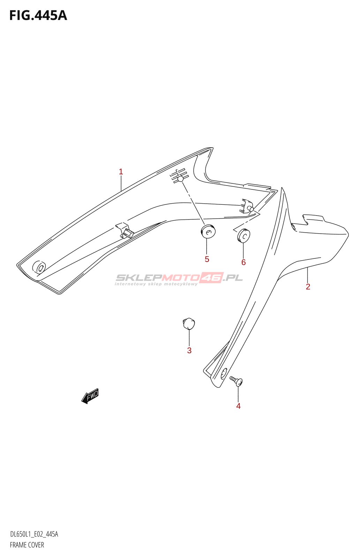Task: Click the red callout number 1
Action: pos(121,172)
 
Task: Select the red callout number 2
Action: pos(308,287)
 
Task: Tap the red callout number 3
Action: pos(189,350)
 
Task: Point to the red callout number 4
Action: pos(238,406)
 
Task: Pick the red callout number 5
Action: pos(207,259)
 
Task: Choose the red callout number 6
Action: pos(243,262)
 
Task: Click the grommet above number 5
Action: pos(208,231)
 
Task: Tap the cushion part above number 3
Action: pos(189,324)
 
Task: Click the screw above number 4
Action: pos(236,382)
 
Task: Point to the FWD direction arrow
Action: pos(90,396)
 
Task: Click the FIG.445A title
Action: pos(38,16)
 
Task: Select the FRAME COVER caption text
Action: pos(27,545)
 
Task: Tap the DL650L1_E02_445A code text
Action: pos(34,534)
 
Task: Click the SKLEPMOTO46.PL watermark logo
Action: pos(179,278)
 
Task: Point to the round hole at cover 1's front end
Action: pos(39,268)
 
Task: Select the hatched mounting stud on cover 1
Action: pos(179,176)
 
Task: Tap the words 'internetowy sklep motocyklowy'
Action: pos(156,284)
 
